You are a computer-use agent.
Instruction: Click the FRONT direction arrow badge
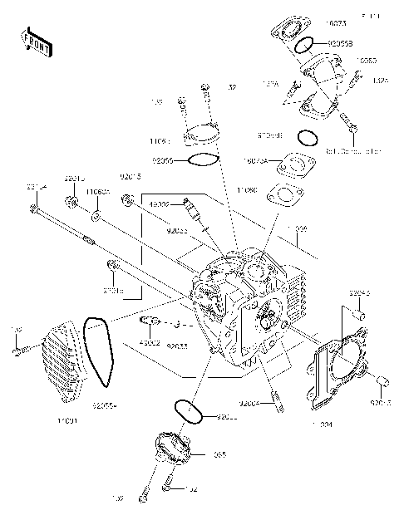[x=37, y=42]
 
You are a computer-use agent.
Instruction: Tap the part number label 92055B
[x=341, y=42]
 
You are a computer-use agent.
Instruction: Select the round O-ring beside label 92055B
[x=304, y=42]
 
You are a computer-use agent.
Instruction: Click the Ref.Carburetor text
[x=354, y=151]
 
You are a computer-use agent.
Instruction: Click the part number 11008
[x=297, y=228]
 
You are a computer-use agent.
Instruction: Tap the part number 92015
[x=131, y=177]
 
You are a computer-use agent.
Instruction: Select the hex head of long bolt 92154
[x=34, y=211]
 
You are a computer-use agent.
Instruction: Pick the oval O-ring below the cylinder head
[x=187, y=410]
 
